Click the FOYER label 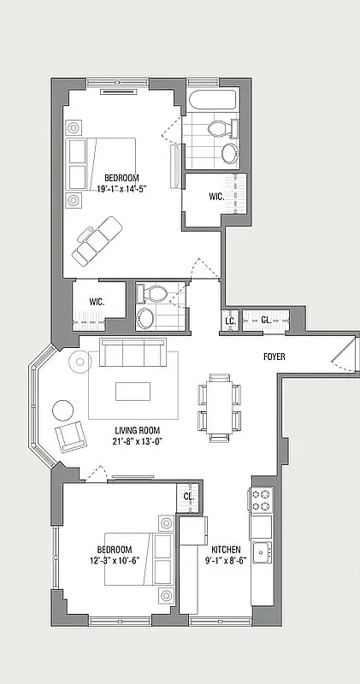point(274,357)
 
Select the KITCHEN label point(227,549)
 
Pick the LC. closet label point(229,321)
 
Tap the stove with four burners point(260,499)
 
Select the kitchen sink point(260,549)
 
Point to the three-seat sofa point(133,352)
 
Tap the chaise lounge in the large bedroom point(97,239)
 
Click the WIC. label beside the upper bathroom point(216,196)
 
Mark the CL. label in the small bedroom point(188,496)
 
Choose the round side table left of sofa point(79,362)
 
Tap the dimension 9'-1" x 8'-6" point(227,561)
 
